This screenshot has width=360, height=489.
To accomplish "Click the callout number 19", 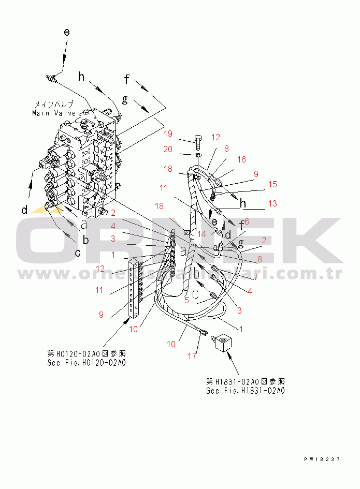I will [168, 134].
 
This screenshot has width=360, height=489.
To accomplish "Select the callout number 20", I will [168, 149].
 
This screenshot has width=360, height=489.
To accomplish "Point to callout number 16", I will [241, 160].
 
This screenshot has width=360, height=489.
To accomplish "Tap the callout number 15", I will [272, 184].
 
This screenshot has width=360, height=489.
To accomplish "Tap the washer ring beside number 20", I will [198, 154].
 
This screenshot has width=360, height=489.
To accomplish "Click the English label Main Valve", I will [54, 113].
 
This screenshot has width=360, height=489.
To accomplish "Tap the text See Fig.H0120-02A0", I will [86, 363].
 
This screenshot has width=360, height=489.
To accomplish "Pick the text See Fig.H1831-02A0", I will [245, 391].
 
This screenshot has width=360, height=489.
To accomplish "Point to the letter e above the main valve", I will [67, 32].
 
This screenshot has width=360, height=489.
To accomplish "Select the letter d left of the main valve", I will [24, 210].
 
